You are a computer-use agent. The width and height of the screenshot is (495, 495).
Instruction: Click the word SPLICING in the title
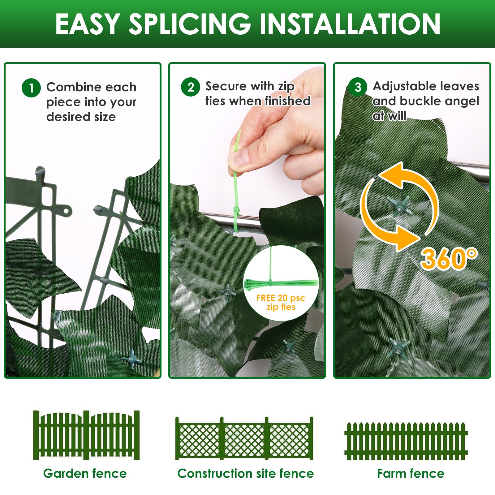coord(189,24)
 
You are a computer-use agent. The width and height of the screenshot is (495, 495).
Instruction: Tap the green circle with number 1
coord(31,88)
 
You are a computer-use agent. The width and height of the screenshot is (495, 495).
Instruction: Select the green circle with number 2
coord(191,87)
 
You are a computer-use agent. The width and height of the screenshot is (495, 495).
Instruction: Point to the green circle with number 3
coord(358,87)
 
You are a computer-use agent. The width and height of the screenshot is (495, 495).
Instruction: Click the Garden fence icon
coord(86,435)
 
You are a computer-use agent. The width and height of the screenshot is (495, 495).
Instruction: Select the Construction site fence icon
coord(244,438)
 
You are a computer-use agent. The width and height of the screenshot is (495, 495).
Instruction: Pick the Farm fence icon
coord(406,441)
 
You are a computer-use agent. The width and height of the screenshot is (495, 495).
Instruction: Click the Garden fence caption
coord(85,473)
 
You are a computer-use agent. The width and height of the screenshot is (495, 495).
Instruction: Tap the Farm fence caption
coord(411,473)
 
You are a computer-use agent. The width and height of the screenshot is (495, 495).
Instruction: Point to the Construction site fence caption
coord(246,473)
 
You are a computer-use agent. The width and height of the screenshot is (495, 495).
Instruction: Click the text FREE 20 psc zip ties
coord(281,302)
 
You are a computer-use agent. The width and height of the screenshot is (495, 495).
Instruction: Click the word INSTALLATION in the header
coord(350,24)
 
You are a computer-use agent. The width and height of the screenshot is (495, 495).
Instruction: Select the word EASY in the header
coord(88,24)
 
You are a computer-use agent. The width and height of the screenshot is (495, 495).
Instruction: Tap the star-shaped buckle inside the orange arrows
coord(399,206)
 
